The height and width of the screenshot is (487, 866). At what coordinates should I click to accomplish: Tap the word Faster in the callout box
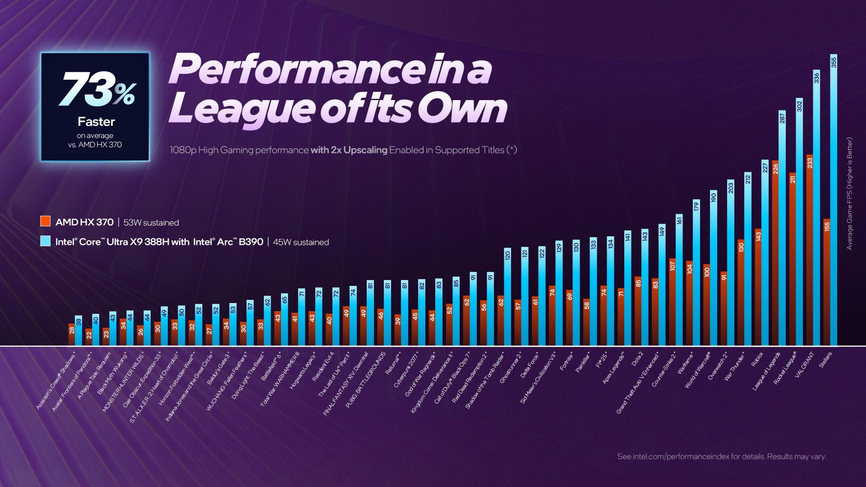click(x=96, y=122)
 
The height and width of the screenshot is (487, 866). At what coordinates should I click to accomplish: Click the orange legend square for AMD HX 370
click(x=45, y=221)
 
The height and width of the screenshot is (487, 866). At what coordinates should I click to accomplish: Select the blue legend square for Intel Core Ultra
click(x=45, y=241)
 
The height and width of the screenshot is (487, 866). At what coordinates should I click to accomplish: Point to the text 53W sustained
click(x=151, y=223)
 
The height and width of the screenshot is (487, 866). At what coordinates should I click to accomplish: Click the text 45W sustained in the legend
click(x=301, y=243)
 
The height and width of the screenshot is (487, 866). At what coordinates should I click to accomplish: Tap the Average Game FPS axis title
click(x=850, y=194)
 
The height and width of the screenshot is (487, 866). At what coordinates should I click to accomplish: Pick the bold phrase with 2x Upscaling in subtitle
click(x=349, y=150)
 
